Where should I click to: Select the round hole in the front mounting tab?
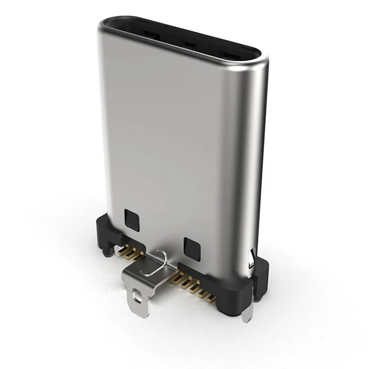(137, 298)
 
